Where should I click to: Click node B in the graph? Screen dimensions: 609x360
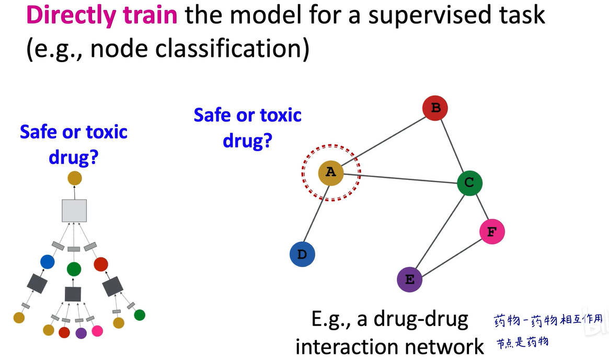tap(435, 108)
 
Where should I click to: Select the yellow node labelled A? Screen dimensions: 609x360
tap(331, 173)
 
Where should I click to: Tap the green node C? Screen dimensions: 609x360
tap(469, 183)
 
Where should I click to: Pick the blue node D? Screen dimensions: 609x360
tap(302, 254)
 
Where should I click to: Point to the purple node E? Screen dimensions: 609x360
tap(410, 280)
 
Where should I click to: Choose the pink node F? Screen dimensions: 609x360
tap(492, 231)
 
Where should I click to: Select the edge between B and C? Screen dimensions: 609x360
tap(452, 146)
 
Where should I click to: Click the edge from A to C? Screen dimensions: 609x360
tap(400, 178)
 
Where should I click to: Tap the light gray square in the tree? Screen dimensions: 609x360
tap(74, 211)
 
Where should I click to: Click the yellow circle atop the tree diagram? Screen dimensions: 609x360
tap(75, 178)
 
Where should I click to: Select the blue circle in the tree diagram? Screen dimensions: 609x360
tap(48, 262)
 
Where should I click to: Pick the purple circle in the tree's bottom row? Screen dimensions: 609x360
tap(81, 333)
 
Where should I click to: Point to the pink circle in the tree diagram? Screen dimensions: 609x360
tap(97, 331)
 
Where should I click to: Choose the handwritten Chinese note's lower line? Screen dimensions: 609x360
tap(522, 342)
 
